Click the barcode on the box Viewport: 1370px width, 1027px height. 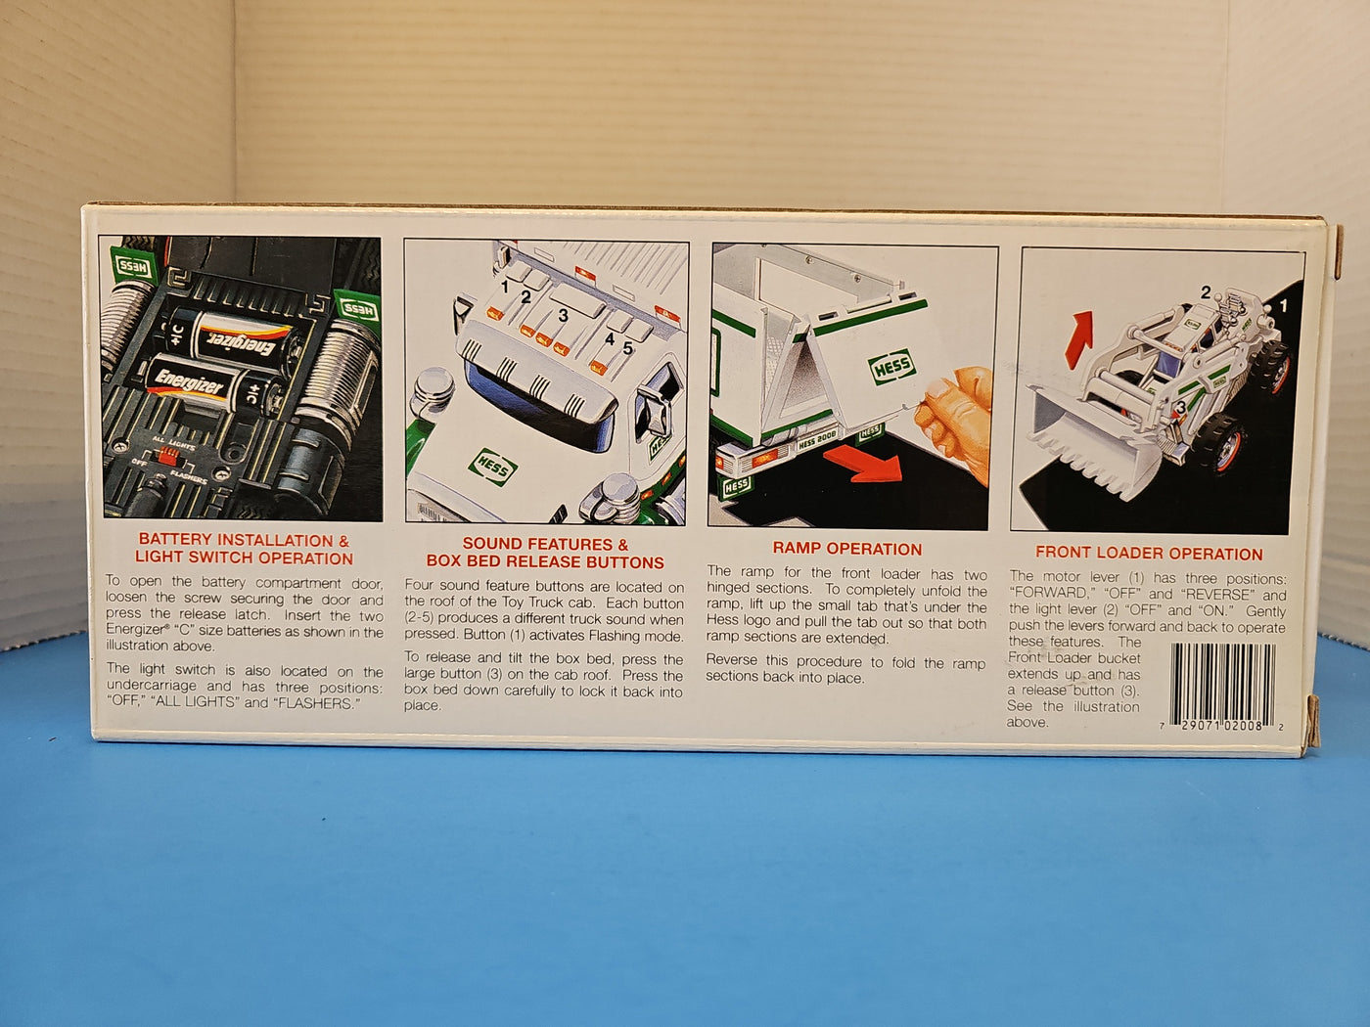[1222, 685]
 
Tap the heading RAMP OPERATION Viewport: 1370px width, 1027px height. [847, 549]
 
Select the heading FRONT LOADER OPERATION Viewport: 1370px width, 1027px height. [1149, 553]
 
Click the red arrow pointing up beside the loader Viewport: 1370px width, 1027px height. [1080, 338]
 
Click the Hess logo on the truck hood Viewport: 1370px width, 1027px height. [492, 467]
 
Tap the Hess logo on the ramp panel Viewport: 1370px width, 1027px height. [891, 366]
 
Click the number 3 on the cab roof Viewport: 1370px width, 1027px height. [563, 316]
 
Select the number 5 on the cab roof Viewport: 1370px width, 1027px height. [627, 348]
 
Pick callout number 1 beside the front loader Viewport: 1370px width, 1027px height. [1283, 305]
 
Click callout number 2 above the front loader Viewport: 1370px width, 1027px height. [1206, 291]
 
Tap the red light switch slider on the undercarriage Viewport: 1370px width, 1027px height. [166, 456]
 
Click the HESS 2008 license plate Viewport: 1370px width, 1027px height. [816, 441]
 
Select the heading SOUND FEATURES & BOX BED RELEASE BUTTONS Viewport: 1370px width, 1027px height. [545, 553]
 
